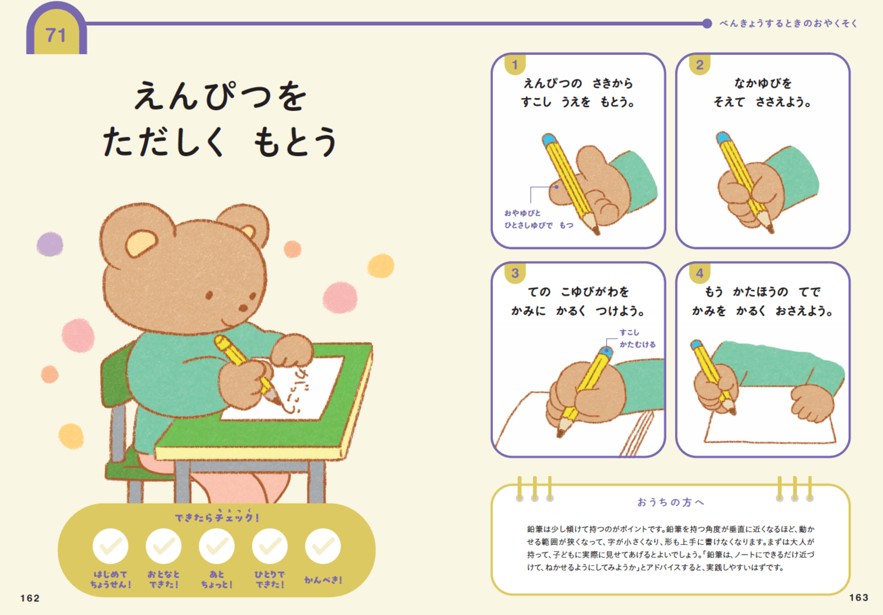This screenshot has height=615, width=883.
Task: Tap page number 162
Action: tap(30, 598)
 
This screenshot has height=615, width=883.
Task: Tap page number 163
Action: tap(858, 597)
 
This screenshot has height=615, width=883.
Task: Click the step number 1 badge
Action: tap(515, 65)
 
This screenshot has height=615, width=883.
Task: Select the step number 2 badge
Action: tap(699, 65)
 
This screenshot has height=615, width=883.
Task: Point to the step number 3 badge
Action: tap(515, 273)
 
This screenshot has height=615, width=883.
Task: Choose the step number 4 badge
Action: tap(699, 273)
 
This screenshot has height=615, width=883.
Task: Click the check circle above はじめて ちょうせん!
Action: tap(111, 547)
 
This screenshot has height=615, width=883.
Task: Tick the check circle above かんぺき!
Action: tap(323, 547)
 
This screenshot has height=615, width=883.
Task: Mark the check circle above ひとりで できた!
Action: tap(270, 547)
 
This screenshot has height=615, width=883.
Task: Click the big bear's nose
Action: tap(243, 307)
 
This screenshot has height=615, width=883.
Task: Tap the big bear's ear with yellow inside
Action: tap(140, 241)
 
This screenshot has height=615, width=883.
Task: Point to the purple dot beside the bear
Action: tap(50, 244)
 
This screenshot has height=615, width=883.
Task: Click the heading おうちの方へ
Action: tap(670, 502)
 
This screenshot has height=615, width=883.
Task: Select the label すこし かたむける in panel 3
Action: tap(636, 338)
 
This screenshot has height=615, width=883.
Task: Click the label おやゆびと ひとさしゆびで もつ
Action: tap(537, 219)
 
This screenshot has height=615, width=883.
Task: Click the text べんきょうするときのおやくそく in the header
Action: tap(788, 24)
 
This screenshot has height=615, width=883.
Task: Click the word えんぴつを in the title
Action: tap(220, 96)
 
